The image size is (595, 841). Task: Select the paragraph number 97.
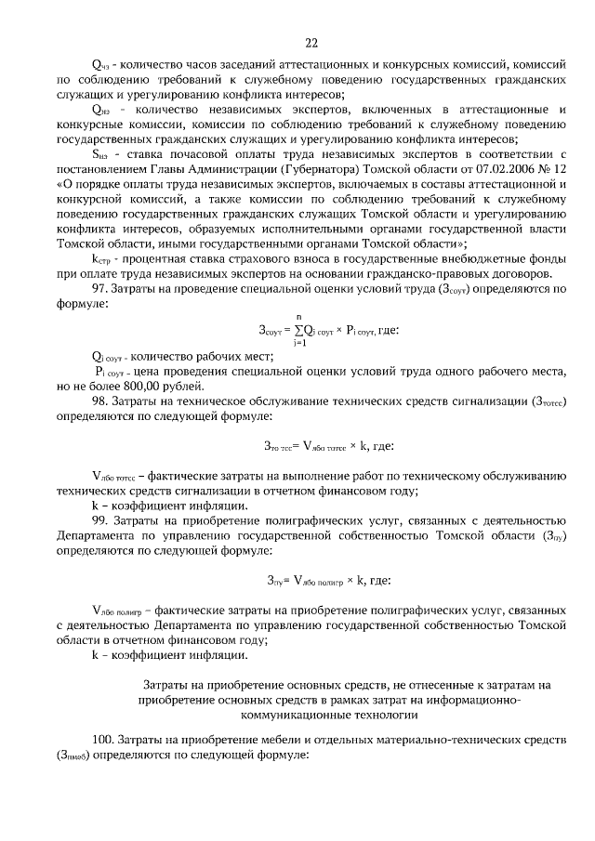(x=100, y=291)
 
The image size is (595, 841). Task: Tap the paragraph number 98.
(x=100, y=401)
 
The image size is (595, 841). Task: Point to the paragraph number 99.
(x=100, y=523)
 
